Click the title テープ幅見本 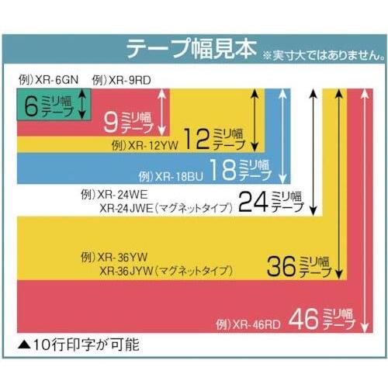[192, 49]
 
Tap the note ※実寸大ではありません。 [324, 55]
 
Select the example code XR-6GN [57, 80]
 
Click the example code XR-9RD [130, 80]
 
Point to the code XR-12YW [153, 145]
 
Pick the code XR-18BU [179, 177]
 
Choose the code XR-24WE [123, 195]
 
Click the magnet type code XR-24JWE [126, 208]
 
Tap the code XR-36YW [123, 257]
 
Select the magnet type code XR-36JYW [126, 271]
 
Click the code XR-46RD [256, 324]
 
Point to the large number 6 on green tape [31, 106]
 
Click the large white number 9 [111, 123]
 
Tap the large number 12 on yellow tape [196, 139]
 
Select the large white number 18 [223, 169]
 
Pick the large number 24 [253, 202]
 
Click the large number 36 [282, 266]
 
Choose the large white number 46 [303, 319]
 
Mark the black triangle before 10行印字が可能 [25, 345]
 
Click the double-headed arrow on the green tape [82, 104]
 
